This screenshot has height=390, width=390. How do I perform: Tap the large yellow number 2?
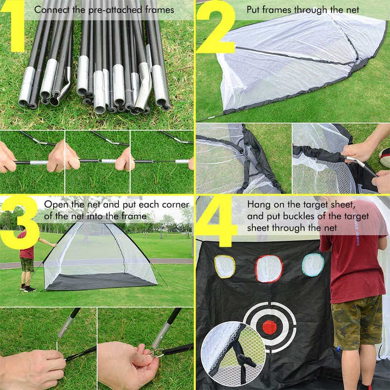(215, 27)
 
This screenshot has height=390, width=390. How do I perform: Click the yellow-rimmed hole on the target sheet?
(225, 266)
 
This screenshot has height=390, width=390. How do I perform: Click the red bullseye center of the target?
(270, 327)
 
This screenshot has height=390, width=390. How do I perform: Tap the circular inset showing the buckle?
(233, 353)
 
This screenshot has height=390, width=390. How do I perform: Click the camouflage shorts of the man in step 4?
(355, 322)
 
